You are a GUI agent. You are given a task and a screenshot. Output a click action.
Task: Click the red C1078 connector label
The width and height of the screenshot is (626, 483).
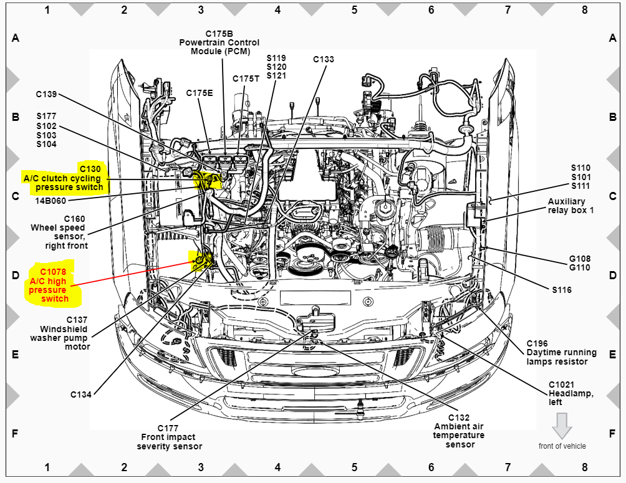click(53, 272)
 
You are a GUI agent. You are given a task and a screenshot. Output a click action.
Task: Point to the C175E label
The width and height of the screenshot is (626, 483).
click(200, 93)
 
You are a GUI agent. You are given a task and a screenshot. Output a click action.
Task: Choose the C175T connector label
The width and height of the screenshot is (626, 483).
click(246, 79)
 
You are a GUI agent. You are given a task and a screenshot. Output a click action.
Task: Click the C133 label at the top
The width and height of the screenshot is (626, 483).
click(324, 59)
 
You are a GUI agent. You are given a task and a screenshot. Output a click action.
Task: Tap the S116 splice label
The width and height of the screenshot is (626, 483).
click(561, 290)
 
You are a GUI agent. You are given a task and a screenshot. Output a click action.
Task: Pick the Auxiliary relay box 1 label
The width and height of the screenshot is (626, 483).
click(571, 206)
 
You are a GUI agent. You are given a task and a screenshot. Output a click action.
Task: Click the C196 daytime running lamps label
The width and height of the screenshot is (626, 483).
click(537, 343)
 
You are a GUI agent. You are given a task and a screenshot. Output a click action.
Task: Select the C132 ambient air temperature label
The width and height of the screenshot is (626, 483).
click(459, 418)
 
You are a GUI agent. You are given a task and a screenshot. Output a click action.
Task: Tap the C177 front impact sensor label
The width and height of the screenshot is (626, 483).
click(168, 428)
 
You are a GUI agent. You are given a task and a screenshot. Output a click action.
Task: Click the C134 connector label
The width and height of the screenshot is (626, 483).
click(81, 395)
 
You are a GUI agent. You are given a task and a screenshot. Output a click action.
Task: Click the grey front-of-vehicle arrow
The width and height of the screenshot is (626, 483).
click(562, 426)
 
